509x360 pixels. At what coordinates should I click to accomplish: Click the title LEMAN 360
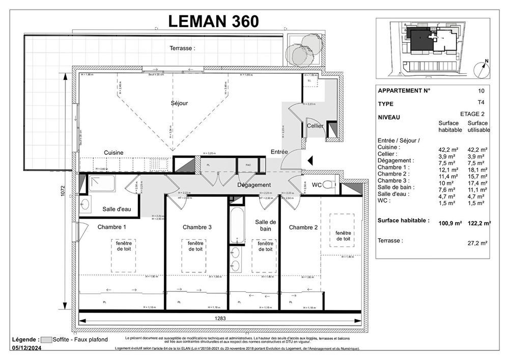tap(213, 20)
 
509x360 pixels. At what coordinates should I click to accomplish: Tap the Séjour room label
tap(179, 103)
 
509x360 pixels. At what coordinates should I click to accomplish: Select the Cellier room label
tap(315, 126)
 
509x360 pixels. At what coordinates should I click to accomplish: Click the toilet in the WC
tap(330, 185)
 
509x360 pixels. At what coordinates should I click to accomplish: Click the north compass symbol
tap(481, 70)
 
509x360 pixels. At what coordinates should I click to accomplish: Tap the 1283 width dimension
tap(220, 318)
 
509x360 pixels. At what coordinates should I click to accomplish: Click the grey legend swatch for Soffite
tap(47, 340)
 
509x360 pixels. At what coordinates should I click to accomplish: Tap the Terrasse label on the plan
tap(182, 48)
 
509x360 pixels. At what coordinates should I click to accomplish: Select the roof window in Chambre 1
tap(123, 247)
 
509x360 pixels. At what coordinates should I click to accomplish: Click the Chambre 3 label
tap(197, 227)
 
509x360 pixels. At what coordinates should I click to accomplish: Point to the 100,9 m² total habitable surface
tap(450, 223)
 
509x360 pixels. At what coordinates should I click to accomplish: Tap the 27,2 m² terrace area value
tap(477, 243)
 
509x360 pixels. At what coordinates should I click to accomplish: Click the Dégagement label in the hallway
tap(254, 185)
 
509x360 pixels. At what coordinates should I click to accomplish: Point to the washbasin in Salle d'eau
tap(85, 205)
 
